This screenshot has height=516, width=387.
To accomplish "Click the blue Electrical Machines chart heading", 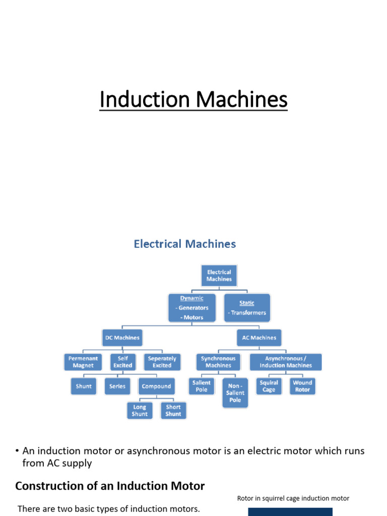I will (184, 244).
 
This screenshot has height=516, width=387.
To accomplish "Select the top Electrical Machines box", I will (219, 275).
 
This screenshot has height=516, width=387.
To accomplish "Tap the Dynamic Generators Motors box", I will (192, 307).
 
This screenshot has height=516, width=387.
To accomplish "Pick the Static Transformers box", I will (247, 307).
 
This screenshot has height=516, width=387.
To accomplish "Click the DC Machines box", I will (122, 338).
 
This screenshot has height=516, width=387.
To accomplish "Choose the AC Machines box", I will (259, 338).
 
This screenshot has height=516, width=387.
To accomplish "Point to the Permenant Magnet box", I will (83, 362).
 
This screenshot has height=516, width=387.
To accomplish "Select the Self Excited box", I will (123, 362).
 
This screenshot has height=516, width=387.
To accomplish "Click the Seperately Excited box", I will (162, 362).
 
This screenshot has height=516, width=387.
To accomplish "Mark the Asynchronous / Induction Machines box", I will (286, 362).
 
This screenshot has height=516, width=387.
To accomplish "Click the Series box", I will (117, 386).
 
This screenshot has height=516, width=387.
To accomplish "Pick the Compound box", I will (156, 386).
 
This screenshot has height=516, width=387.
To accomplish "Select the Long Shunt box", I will (140, 410).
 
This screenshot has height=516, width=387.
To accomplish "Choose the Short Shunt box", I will (173, 410).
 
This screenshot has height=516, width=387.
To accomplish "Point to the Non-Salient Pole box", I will (235, 393).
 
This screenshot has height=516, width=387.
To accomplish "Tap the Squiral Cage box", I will (269, 386).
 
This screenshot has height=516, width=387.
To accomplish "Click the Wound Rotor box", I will (302, 386).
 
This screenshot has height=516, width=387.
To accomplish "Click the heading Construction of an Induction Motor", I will (110, 486).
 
